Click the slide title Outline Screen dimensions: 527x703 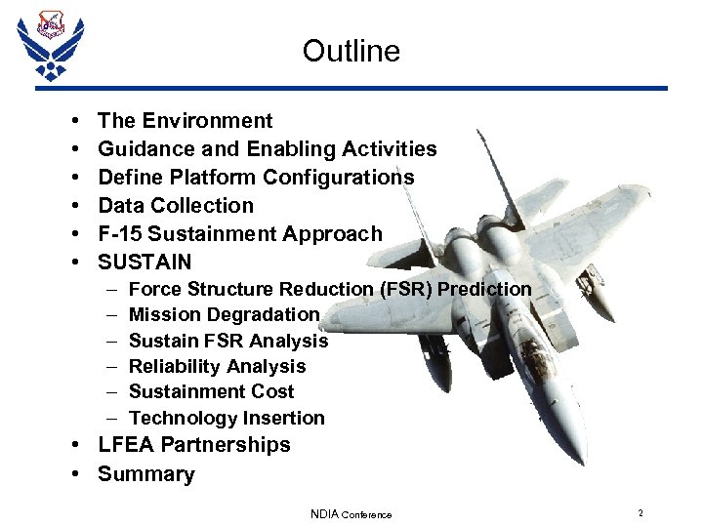(x=351, y=51)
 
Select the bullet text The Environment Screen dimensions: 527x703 (x=186, y=121)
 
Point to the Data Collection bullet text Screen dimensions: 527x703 (x=176, y=206)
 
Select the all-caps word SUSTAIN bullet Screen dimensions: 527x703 (x=145, y=263)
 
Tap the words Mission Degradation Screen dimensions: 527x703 (x=225, y=315)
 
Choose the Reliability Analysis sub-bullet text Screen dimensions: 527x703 (x=217, y=367)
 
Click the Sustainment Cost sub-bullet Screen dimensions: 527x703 (x=211, y=392)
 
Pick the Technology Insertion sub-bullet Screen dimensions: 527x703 (x=227, y=419)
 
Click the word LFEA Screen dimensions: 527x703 (x=126, y=445)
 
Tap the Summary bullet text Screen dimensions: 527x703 (x=146, y=475)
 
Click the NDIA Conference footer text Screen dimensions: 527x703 (x=351, y=514)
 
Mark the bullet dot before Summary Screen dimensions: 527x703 (x=76, y=475)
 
